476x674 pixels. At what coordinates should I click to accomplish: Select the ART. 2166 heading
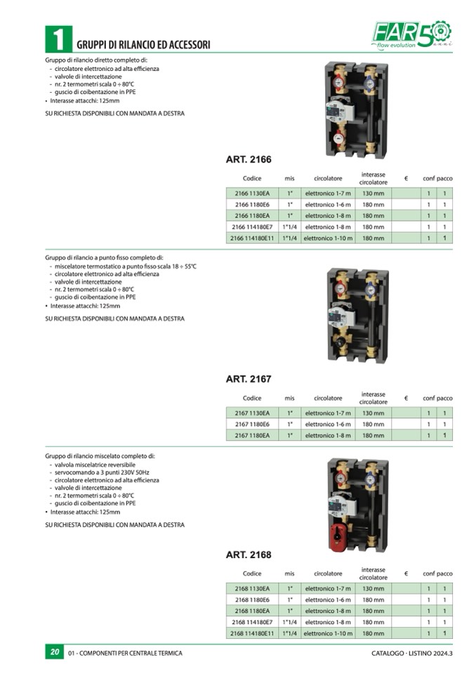[x=248, y=160]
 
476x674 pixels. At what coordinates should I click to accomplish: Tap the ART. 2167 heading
[x=248, y=379]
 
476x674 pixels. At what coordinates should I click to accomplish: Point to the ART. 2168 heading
[x=248, y=555]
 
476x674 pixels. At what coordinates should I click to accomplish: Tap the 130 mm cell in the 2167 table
[x=373, y=413]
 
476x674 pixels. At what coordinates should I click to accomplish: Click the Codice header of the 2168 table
[x=251, y=573]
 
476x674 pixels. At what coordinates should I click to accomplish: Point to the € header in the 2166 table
[x=406, y=179]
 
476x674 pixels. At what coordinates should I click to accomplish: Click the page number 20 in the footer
[x=54, y=652]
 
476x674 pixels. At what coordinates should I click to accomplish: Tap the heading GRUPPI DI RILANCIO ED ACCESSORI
[x=143, y=44]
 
